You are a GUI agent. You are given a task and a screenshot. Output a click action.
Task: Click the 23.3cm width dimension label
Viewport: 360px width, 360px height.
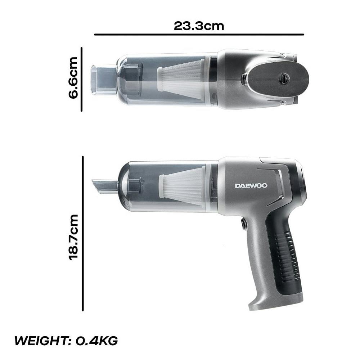click(199, 26)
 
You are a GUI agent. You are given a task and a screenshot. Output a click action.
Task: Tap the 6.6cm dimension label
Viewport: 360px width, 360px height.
click(73, 78)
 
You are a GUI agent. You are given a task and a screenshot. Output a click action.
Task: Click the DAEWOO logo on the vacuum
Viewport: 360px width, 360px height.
click(251, 185)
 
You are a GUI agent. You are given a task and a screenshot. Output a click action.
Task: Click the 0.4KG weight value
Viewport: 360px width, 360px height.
click(96, 341)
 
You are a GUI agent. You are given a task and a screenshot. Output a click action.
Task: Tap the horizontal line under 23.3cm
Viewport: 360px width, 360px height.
click(199, 35)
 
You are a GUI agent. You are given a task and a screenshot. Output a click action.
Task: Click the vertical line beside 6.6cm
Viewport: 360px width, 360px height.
click(81, 80)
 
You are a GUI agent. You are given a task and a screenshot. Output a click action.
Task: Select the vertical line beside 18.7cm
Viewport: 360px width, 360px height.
click(83, 234)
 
